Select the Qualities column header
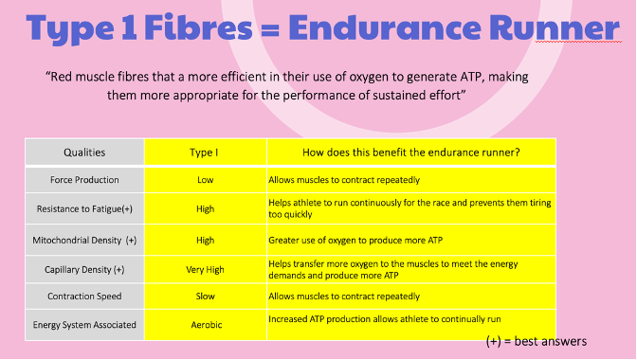point(84,152)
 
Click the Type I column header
point(205,152)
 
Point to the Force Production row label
point(84,180)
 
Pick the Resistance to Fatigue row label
point(84,209)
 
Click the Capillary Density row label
point(84,269)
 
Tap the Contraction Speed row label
point(84,297)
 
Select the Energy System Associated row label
point(85,325)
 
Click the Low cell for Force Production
point(205,180)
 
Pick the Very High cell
point(205,269)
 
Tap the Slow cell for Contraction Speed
point(205,297)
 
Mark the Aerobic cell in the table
point(205,325)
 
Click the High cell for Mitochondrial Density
point(205,240)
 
